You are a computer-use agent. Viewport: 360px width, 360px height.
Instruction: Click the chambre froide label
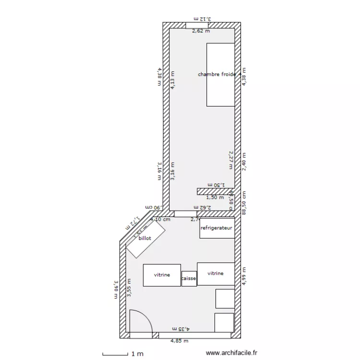coord(216,74)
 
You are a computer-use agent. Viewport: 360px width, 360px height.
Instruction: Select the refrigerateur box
coord(217,228)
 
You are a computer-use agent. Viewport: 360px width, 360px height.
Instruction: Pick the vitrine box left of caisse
coord(162,276)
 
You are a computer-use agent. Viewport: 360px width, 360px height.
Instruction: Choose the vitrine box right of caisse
coord(216,274)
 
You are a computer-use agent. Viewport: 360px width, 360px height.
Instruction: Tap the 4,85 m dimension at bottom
coord(180,341)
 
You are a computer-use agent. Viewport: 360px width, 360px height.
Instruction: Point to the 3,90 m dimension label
coord(115,289)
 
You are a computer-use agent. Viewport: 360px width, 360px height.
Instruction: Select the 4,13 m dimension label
coord(173,80)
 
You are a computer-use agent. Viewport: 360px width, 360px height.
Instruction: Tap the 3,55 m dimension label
coord(129,288)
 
